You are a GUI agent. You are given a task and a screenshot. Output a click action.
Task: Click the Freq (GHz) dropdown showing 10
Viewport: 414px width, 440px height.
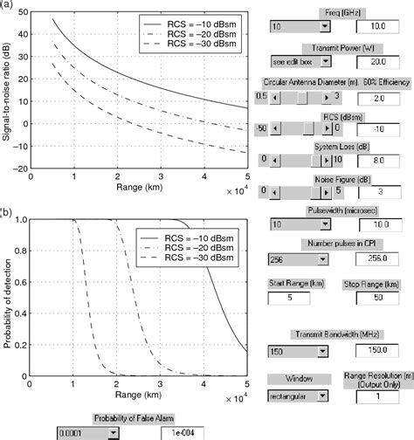click(297, 28)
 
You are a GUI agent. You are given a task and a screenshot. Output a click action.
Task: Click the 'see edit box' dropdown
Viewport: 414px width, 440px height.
click(297, 62)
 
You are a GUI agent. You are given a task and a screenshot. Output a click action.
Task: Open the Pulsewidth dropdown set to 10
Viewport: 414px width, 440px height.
click(297, 224)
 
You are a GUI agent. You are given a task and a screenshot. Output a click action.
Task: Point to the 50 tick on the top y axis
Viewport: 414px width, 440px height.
click(21, 13)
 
